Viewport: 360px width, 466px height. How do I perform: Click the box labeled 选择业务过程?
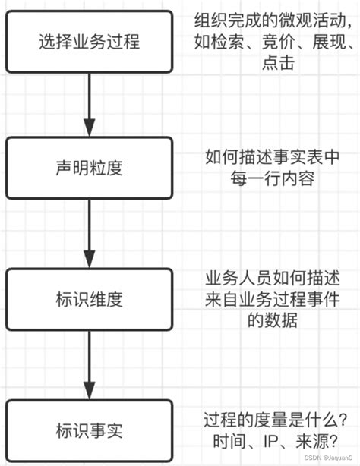click(x=90, y=43)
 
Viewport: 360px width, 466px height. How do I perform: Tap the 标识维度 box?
click(x=90, y=294)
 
